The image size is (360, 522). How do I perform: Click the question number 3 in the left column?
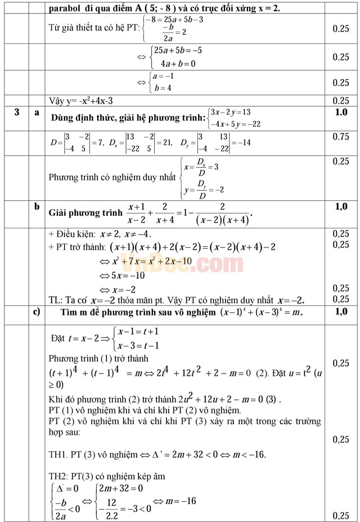pos(17,112)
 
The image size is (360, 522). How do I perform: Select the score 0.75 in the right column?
pos(341,137)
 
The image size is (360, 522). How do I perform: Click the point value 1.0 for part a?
pos(341,112)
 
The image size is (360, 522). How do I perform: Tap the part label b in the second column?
pos(37,206)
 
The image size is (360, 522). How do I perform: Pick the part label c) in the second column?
pos(37,311)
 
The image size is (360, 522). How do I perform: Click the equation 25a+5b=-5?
pos(178,51)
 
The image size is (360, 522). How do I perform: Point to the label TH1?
pos(58,454)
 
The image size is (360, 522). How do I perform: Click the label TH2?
pos(60,476)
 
